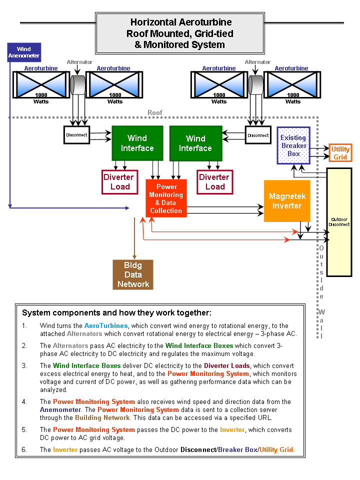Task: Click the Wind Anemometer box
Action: coord(23,52)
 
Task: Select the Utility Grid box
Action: coord(340,153)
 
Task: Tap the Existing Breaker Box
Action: coord(293,145)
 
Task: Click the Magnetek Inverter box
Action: coord(286,201)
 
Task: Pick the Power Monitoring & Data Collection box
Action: coord(166,198)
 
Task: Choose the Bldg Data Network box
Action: coord(133,274)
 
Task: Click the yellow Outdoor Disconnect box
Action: coord(339,222)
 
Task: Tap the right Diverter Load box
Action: coord(214,182)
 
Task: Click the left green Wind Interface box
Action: coord(137,143)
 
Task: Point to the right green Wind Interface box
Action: coord(195,143)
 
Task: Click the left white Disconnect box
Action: coord(76,135)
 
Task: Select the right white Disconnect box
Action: coord(258,135)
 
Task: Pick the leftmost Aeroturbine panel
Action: coord(41,84)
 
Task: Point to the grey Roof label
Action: coord(155,113)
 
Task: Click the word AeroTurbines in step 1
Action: coord(106,326)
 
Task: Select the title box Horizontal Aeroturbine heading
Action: coord(180,33)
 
